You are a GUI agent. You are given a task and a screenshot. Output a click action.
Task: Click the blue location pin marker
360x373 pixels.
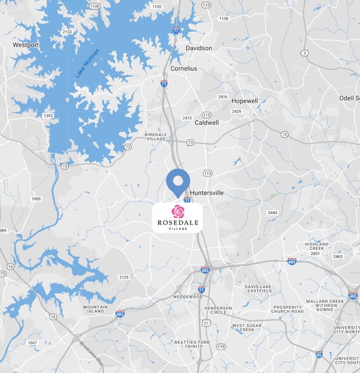[177, 181]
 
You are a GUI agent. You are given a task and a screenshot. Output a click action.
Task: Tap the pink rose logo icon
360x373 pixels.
[177, 211]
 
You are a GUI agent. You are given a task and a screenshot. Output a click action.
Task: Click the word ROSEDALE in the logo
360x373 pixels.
[177, 223]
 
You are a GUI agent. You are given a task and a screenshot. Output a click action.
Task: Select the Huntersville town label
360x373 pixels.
[207, 193]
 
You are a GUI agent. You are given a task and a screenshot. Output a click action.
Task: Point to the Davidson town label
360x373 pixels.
[199, 48]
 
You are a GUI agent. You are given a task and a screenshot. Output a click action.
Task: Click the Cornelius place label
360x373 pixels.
[184, 69]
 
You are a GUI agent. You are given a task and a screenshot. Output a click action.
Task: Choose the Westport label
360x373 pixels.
[26, 45]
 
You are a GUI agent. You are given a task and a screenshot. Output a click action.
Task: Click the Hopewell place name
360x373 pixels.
[244, 101]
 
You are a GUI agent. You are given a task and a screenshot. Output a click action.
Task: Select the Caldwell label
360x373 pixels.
[206, 122]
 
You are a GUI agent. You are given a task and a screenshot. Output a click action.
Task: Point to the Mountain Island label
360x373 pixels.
[95, 309]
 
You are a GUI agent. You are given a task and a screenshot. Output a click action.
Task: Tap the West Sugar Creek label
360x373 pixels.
[247, 328]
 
